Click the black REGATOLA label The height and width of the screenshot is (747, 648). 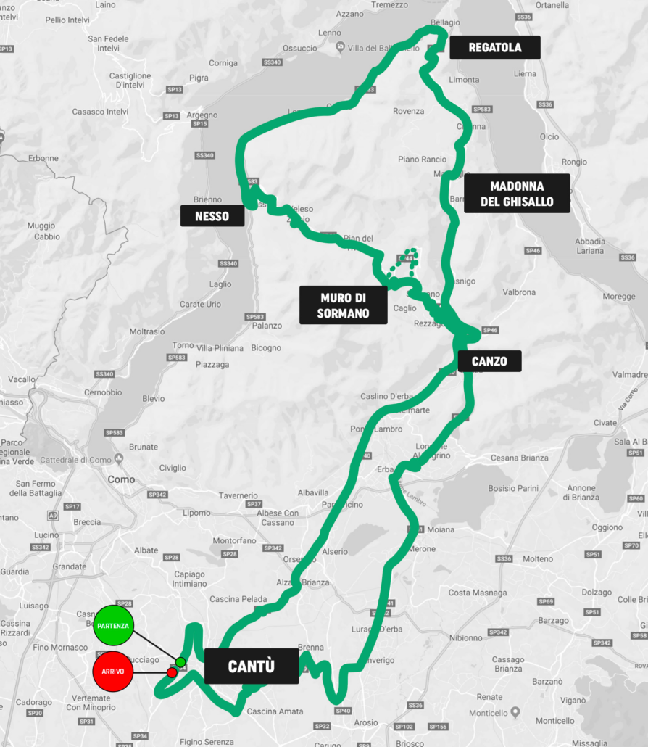click(x=494, y=48)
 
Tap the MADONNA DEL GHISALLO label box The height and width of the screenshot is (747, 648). click(x=517, y=194)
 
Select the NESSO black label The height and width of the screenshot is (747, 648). click(x=212, y=216)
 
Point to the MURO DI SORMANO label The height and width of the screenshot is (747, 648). click(x=343, y=305)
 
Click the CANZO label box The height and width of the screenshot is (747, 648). click(x=489, y=361)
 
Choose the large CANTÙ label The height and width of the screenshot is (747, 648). click(x=251, y=666)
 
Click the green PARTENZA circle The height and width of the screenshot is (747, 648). click(x=113, y=625)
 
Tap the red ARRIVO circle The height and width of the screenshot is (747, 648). click(x=113, y=672)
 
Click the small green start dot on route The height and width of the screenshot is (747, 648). click(x=180, y=662)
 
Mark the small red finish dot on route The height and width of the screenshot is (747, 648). click(x=172, y=673)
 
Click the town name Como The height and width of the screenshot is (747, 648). click(x=121, y=479)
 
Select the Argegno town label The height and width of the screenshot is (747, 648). click(x=202, y=115)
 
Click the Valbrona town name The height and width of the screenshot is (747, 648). click(x=519, y=292)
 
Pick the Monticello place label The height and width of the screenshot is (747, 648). click(x=555, y=720)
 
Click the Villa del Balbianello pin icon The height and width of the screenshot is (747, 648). click(x=341, y=47)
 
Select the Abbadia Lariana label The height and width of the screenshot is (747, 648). click(x=589, y=246)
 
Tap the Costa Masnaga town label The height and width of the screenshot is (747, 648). click(x=478, y=593)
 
